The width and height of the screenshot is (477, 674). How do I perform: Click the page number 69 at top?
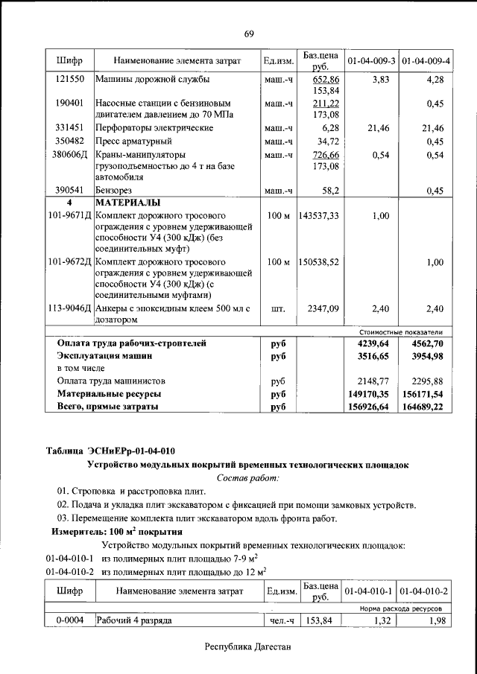[x=249, y=34]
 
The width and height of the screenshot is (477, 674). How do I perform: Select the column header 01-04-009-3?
[x=370, y=60]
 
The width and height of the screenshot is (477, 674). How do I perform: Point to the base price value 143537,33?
[x=319, y=215]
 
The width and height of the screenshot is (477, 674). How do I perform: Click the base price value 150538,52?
[x=319, y=262]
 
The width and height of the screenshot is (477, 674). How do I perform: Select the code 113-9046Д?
[x=69, y=308]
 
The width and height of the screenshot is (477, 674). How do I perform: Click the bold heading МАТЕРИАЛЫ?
[x=128, y=203]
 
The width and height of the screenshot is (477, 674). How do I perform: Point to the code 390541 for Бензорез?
[x=69, y=191]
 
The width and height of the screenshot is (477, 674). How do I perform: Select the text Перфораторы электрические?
[x=154, y=128]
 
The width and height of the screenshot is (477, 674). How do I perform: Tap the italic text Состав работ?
[x=247, y=477]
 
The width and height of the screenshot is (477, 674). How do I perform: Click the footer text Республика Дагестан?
[x=249, y=647]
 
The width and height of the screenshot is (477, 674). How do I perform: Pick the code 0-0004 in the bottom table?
[x=69, y=620]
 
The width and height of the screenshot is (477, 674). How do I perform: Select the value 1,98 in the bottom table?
[x=432, y=620]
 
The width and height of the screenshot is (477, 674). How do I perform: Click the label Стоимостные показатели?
[x=400, y=331]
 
